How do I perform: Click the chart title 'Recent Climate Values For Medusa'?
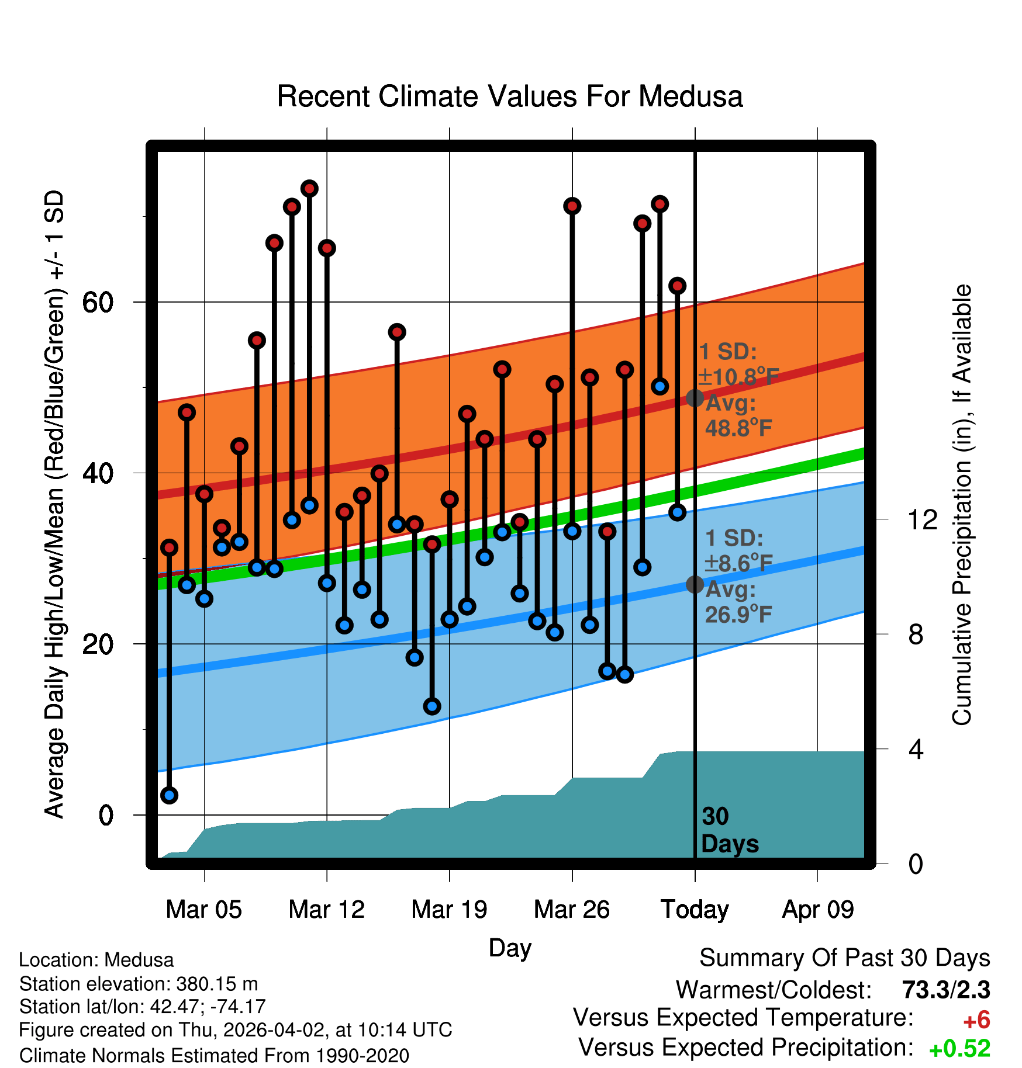(x=510, y=96)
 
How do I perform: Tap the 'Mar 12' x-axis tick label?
(x=326, y=910)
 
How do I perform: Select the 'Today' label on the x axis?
(x=695, y=910)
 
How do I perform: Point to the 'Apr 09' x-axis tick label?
(x=818, y=910)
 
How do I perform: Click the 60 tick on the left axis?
(x=98, y=302)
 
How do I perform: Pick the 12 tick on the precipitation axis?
(x=922, y=519)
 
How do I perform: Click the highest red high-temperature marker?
(x=309, y=188)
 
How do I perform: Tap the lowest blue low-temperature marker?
(x=169, y=795)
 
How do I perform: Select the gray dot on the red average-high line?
(x=695, y=398)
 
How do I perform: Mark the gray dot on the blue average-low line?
(x=695, y=584)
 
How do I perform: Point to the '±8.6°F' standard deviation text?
(x=738, y=564)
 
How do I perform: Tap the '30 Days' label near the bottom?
(x=729, y=830)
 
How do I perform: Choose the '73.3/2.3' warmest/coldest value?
(x=945, y=990)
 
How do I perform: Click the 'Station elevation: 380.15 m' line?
(x=138, y=984)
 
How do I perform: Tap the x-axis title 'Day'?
(x=510, y=948)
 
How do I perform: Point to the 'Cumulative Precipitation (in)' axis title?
(x=962, y=505)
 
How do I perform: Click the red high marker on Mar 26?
(x=572, y=206)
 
